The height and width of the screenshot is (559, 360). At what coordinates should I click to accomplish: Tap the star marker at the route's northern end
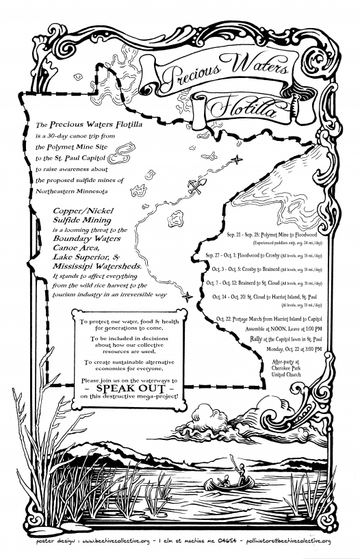click(236, 159)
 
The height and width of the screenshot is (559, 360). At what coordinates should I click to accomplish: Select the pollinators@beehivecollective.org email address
click(282, 543)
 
